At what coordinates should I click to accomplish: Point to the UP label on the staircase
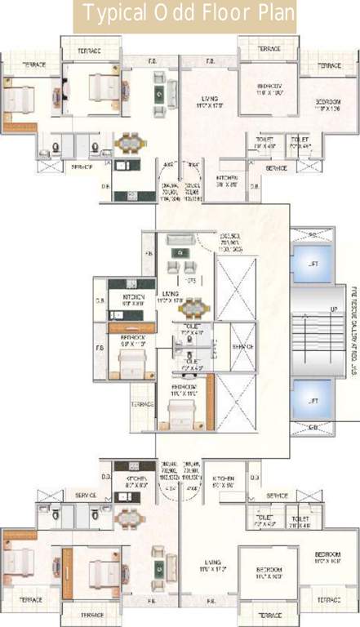[x=332, y=309]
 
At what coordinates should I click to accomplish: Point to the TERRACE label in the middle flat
[x=142, y=404]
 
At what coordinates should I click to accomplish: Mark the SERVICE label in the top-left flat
[x=82, y=167]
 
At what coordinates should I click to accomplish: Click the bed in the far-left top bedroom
[x=18, y=97]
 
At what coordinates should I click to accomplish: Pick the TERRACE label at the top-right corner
[x=330, y=64]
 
